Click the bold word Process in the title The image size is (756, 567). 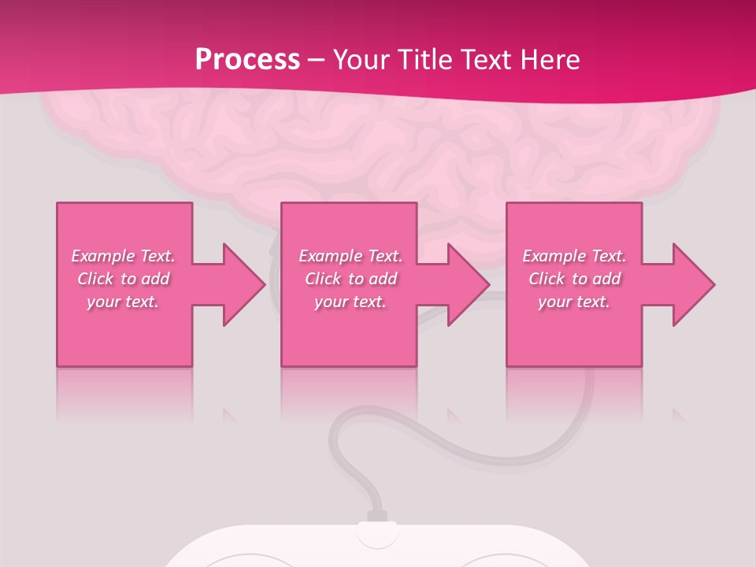pyautogui.click(x=247, y=60)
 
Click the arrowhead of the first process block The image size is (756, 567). pyautogui.click(x=243, y=284)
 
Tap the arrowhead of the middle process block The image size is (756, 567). pyautogui.click(x=469, y=284)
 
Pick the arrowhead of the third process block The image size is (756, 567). pyautogui.click(x=693, y=284)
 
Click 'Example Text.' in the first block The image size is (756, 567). pyautogui.click(x=123, y=256)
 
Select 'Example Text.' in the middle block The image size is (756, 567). pyautogui.click(x=350, y=256)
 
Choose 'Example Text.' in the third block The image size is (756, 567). pyautogui.click(x=574, y=256)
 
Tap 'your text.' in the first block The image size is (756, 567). pyautogui.click(x=123, y=302)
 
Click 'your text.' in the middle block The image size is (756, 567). pyautogui.click(x=350, y=302)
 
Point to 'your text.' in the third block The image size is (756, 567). pyautogui.click(x=574, y=302)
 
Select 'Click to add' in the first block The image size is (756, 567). pyautogui.click(x=123, y=279)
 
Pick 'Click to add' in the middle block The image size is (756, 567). pyautogui.click(x=350, y=279)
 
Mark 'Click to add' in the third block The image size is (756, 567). pyautogui.click(x=574, y=279)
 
